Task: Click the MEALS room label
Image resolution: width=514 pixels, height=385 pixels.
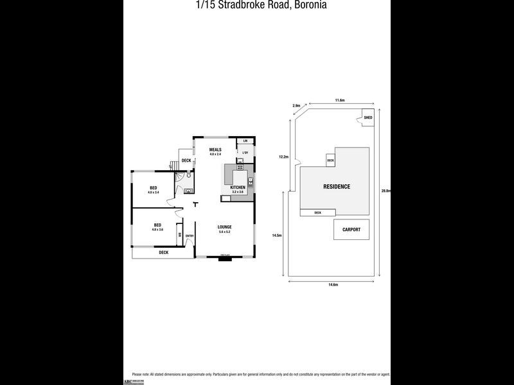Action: [215, 150]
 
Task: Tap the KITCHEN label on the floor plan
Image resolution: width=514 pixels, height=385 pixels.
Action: [238, 187]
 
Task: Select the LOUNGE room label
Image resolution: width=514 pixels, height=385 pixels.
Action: [224, 227]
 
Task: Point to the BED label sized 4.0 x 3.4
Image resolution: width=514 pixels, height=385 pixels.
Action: [153, 188]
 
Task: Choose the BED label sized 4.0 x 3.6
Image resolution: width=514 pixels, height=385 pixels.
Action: [157, 225]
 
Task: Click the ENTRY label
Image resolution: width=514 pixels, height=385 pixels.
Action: [190, 236]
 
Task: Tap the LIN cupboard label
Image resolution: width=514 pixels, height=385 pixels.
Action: [245, 141]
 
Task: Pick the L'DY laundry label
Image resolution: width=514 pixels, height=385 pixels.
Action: [245, 152]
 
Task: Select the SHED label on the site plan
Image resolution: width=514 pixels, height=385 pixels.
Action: [368, 118]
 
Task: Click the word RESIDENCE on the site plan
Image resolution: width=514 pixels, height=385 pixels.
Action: [337, 187]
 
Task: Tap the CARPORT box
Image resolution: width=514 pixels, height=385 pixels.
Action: [351, 229]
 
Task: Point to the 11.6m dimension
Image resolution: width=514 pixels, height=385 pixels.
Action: [340, 101]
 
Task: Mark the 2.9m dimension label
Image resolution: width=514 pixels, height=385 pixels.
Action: [296, 106]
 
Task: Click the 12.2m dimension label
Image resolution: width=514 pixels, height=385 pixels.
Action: [283, 156]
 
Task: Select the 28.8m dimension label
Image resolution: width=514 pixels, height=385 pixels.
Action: [386, 191]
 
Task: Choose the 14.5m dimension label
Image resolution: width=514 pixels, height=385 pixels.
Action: [277, 235]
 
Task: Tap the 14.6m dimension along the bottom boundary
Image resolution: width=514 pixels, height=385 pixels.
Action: [333, 285]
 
